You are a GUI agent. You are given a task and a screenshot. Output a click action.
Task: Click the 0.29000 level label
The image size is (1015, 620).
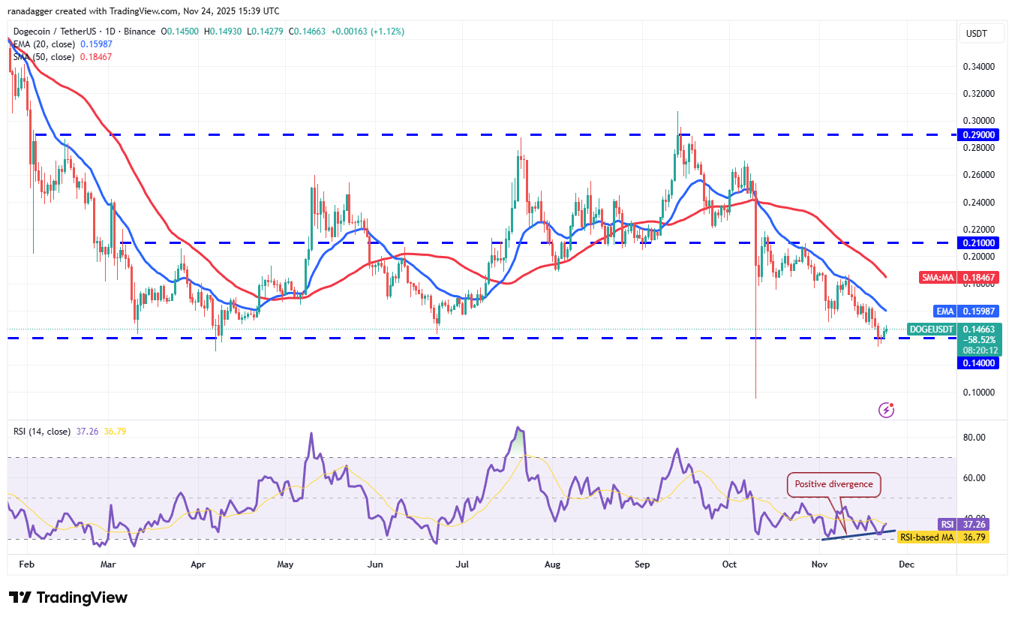click(x=979, y=134)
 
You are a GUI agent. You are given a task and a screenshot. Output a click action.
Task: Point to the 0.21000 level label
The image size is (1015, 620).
click(x=979, y=242)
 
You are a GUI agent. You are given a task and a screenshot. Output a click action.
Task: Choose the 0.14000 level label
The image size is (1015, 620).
click(x=979, y=363)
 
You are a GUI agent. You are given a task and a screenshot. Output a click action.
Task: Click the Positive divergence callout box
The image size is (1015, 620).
click(x=833, y=484)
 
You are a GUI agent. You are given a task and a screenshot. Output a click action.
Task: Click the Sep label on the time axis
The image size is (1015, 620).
click(x=642, y=562)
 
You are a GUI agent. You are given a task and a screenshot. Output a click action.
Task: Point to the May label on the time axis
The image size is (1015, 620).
click(x=284, y=562)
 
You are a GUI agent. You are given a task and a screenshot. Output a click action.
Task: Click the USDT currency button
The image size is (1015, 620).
click(x=977, y=34)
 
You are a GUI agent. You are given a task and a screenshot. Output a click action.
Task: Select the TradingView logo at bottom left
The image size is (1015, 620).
click(x=68, y=597)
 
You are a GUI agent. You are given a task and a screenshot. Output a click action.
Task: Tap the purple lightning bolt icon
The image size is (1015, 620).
click(x=887, y=410)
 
